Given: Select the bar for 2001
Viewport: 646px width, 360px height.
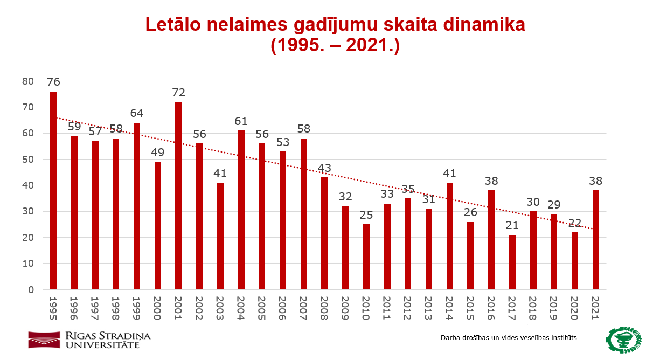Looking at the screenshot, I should [x=178, y=196].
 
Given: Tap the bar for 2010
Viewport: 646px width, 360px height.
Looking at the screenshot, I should [x=366, y=257].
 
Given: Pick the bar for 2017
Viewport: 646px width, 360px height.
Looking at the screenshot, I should [x=512, y=262].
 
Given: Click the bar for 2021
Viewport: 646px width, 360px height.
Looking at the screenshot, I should [x=596, y=240].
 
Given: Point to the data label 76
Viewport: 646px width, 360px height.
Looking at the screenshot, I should [x=53, y=82].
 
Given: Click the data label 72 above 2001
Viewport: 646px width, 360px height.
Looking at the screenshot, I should [x=178, y=93].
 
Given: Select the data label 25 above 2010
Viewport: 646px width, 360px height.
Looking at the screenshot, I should [x=366, y=215].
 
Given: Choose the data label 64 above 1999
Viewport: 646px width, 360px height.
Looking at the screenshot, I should [x=137, y=114].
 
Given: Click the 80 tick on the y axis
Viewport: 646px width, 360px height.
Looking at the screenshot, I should [x=27, y=81].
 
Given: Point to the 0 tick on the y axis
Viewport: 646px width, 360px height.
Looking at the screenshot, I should [x=31, y=290].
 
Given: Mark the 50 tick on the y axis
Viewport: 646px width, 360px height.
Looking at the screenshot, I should [x=27, y=160].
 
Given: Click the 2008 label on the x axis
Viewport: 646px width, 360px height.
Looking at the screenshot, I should [x=324, y=308].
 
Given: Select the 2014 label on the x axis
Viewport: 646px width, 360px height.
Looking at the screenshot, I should [x=449, y=308].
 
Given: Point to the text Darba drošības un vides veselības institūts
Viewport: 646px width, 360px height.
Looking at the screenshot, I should [x=509, y=338].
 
